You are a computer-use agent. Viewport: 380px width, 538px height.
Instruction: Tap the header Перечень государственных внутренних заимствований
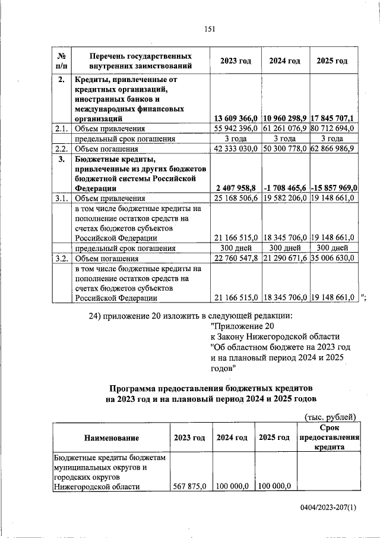point(140,61)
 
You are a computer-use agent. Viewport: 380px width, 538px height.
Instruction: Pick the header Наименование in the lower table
point(111,438)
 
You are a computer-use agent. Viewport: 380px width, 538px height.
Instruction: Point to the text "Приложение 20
point(243,326)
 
